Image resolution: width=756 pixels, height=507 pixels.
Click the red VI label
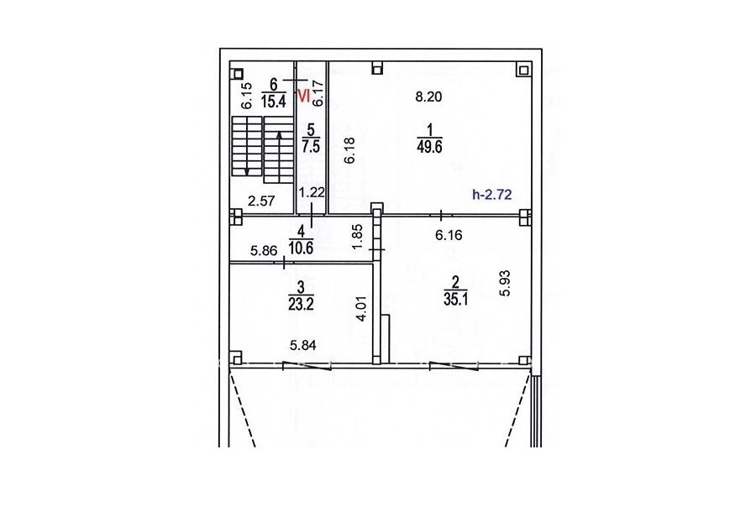tap(304, 96)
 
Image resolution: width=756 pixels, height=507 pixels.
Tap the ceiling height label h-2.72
tap(491, 195)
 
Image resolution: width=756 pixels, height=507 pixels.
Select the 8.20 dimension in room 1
tap(428, 97)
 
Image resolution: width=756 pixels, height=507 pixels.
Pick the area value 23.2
tap(301, 304)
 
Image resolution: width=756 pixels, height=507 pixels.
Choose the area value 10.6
tap(301, 248)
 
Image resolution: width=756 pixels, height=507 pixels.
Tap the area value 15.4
tap(273, 102)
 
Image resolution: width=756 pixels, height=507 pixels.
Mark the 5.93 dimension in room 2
tap(505, 283)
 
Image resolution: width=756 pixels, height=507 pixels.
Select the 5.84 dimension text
tap(302, 345)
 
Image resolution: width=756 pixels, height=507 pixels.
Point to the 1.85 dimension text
tap(357, 237)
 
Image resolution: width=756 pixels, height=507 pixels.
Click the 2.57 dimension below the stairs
tap(261, 201)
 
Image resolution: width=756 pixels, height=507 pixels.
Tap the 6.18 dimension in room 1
tap(350, 150)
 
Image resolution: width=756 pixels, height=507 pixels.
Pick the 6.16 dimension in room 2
tap(449, 235)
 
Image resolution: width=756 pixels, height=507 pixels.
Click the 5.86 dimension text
tap(264, 251)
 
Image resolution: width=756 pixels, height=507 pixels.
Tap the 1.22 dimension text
tap(312, 193)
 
